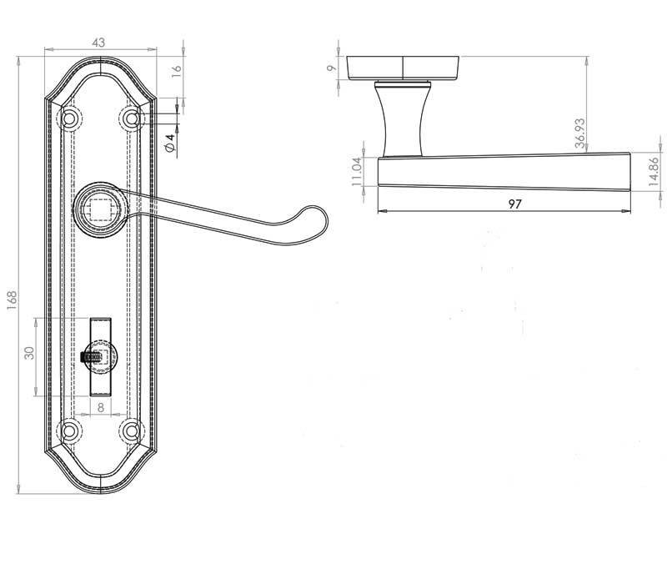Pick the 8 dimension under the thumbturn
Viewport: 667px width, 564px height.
click(x=100, y=408)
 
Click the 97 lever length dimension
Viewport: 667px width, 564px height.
click(x=506, y=203)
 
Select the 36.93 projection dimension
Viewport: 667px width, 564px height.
click(x=580, y=132)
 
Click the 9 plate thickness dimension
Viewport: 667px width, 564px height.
click(x=332, y=67)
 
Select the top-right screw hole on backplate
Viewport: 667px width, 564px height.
click(x=131, y=118)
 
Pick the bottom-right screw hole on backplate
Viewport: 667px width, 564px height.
click(x=131, y=431)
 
